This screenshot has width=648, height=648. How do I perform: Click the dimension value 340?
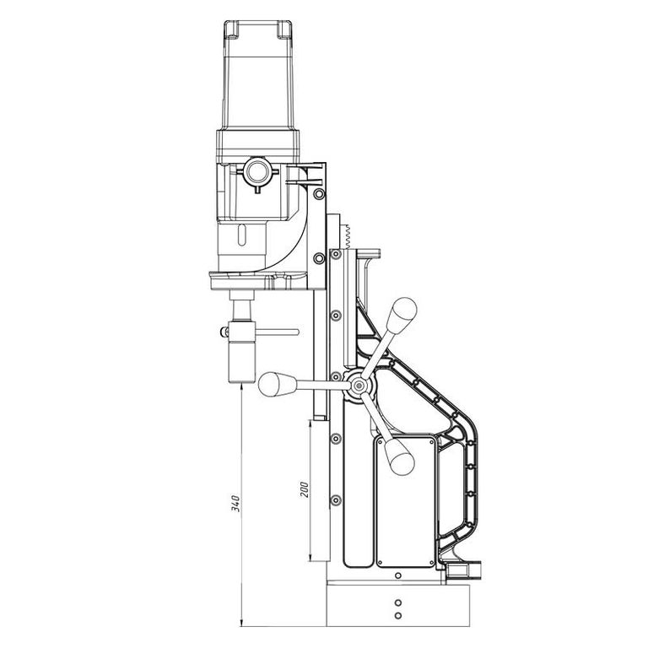click(x=235, y=503)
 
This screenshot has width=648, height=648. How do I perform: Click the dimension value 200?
click(x=304, y=489)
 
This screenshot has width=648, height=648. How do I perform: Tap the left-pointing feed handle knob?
click(x=277, y=385)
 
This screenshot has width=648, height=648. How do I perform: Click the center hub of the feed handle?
click(x=359, y=386)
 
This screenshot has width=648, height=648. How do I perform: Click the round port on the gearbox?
click(x=258, y=170)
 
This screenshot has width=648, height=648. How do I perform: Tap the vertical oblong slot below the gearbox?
click(x=242, y=235)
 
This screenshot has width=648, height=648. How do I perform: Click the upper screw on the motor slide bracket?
click(x=319, y=193)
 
